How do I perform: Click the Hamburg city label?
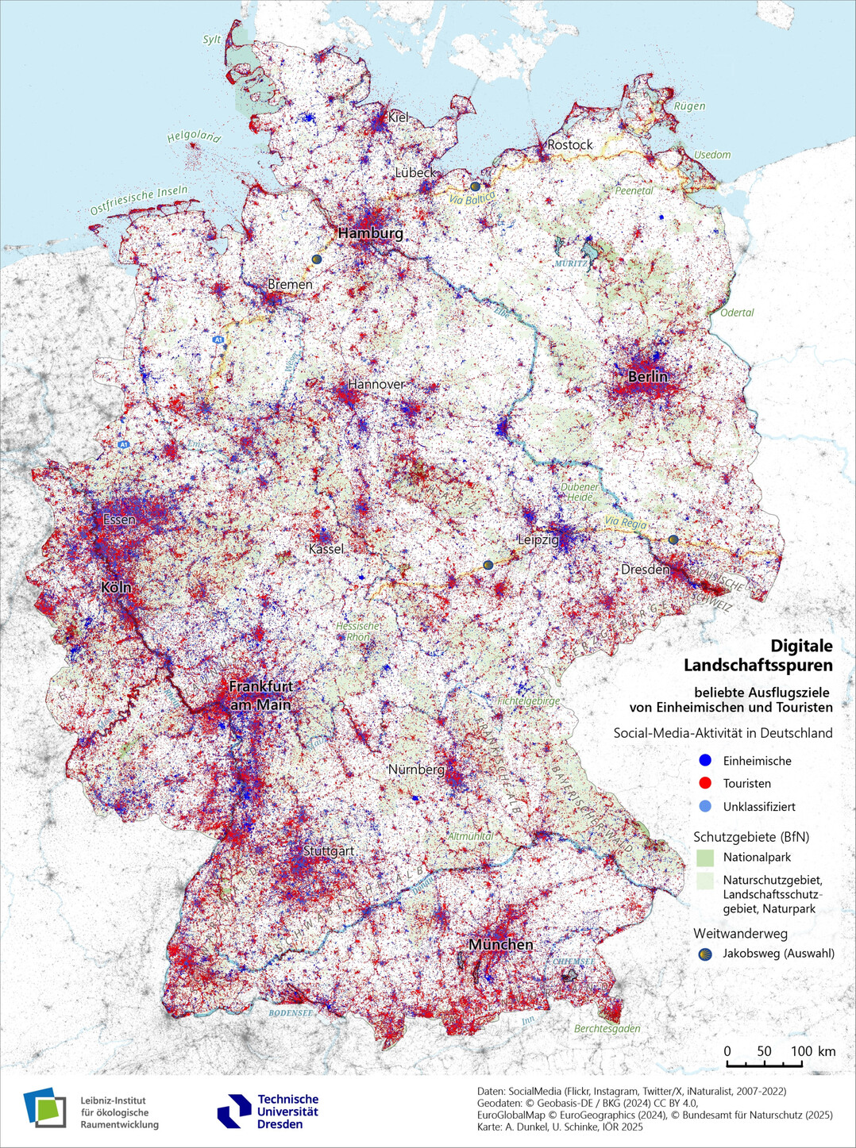[x=370, y=233]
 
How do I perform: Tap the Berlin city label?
[x=647, y=376]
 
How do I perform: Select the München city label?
[x=500, y=945]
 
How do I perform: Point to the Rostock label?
[x=569, y=144]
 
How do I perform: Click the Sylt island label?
[x=212, y=40]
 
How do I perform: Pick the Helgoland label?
[x=193, y=136]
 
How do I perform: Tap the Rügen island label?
[x=689, y=106]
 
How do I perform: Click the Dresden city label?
[x=645, y=570]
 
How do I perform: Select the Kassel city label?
[x=326, y=549]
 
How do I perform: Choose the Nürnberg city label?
[x=416, y=770]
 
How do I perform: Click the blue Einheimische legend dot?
[x=704, y=760]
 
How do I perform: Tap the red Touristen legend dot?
[x=704, y=783]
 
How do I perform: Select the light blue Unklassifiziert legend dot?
[x=704, y=806]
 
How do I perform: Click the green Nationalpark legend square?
[x=704, y=858]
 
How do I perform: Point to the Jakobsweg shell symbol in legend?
[x=704, y=954]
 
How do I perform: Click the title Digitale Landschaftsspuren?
[x=758, y=655]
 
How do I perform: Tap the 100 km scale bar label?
[x=812, y=1051]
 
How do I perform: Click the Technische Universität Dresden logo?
[x=268, y=1112]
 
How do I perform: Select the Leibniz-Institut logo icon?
[x=44, y=1108]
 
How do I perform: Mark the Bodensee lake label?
[x=290, y=1013]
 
